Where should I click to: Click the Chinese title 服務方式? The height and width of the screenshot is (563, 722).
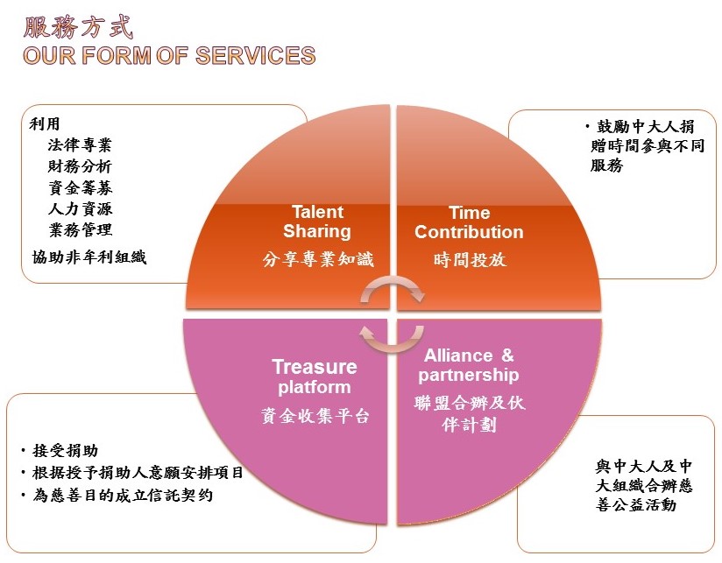[79, 26]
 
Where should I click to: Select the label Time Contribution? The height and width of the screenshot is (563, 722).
[469, 222]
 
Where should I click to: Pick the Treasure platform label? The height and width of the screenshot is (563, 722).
[315, 377]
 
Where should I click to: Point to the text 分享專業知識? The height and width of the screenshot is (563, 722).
[318, 259]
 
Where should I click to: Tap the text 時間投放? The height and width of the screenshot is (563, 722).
[470, 259]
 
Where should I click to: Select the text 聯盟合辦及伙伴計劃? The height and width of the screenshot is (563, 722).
[470, 414]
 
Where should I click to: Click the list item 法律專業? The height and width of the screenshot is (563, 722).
[80, 145]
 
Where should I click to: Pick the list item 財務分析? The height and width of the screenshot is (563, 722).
[80, 166]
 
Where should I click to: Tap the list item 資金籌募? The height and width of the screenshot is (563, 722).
[80, 187]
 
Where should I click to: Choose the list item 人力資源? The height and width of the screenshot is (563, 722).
[80, 208]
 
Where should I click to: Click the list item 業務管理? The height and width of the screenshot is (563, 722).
[80, 229]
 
